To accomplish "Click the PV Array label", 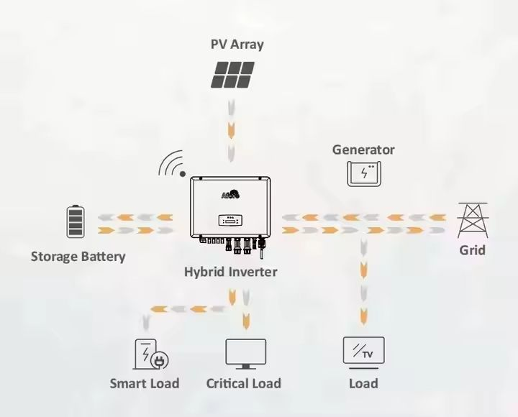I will pos(237,44).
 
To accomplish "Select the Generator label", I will pos(363,150).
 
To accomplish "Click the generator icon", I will pos(365,173).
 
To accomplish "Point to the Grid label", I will pos(473,250).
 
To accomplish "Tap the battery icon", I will pos(75,221).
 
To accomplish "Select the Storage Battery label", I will pos(78,256).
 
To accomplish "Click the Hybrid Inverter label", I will pos(230,272).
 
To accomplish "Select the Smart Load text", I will pos(144,383).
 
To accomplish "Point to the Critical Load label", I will pos(243,383).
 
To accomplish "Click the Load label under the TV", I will pos(363,383).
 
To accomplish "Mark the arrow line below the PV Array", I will pos(230,130).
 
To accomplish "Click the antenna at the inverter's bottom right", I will pos(263,252).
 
